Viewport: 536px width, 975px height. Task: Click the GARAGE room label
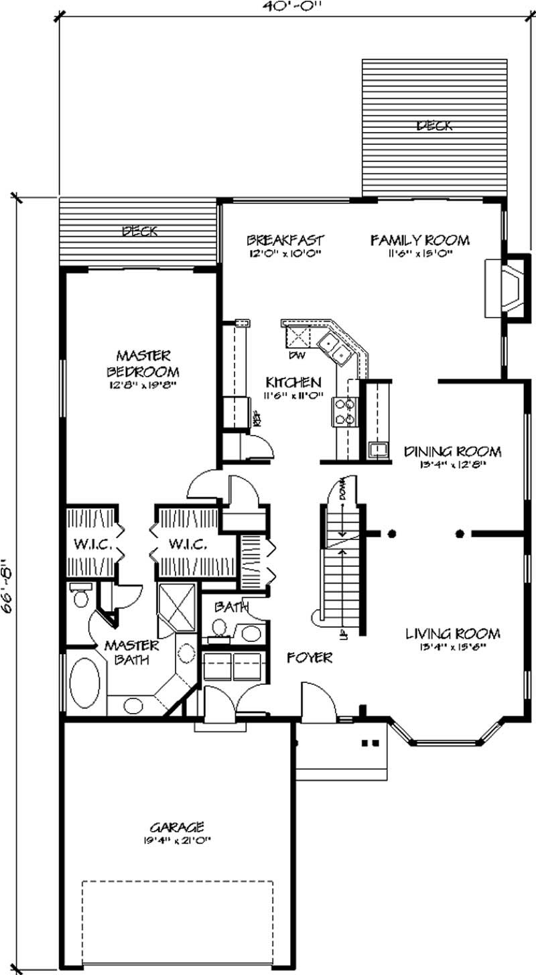click(x=177, y=828)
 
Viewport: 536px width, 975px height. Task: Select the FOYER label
click(x=310, y=658)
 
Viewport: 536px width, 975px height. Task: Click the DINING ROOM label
click(x=453, y=451)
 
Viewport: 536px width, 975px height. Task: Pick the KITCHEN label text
click(x=293, y=383)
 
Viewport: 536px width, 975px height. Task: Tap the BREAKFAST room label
click(x=285, y=240)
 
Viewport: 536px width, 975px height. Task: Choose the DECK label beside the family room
click(x=434, y=125)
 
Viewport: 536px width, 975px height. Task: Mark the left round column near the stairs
click(x=392, y=534)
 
